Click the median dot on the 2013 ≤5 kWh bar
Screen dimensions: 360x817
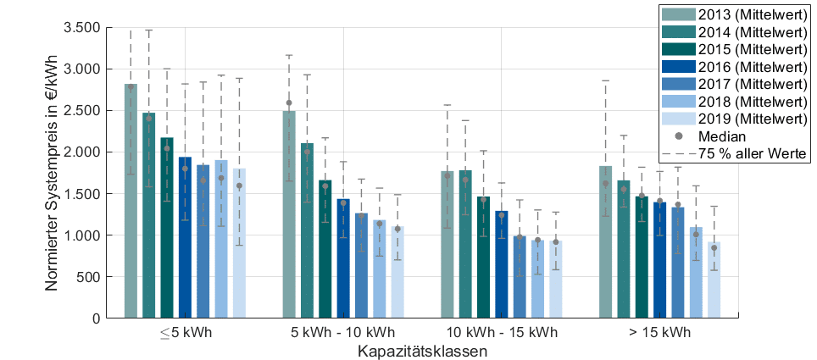(131, 86)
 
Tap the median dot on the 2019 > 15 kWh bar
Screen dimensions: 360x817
(714, 248)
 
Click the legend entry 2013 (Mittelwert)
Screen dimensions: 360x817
(735, 14)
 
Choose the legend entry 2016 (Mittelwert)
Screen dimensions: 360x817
(735, 66)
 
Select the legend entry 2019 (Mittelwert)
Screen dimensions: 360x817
(735, 118)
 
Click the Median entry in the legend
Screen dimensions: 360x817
(720, 136)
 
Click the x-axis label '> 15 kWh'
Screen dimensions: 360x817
(659, 332)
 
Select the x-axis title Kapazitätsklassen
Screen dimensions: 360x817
(421, 350)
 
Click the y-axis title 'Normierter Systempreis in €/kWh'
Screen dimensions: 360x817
(52, 172)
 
